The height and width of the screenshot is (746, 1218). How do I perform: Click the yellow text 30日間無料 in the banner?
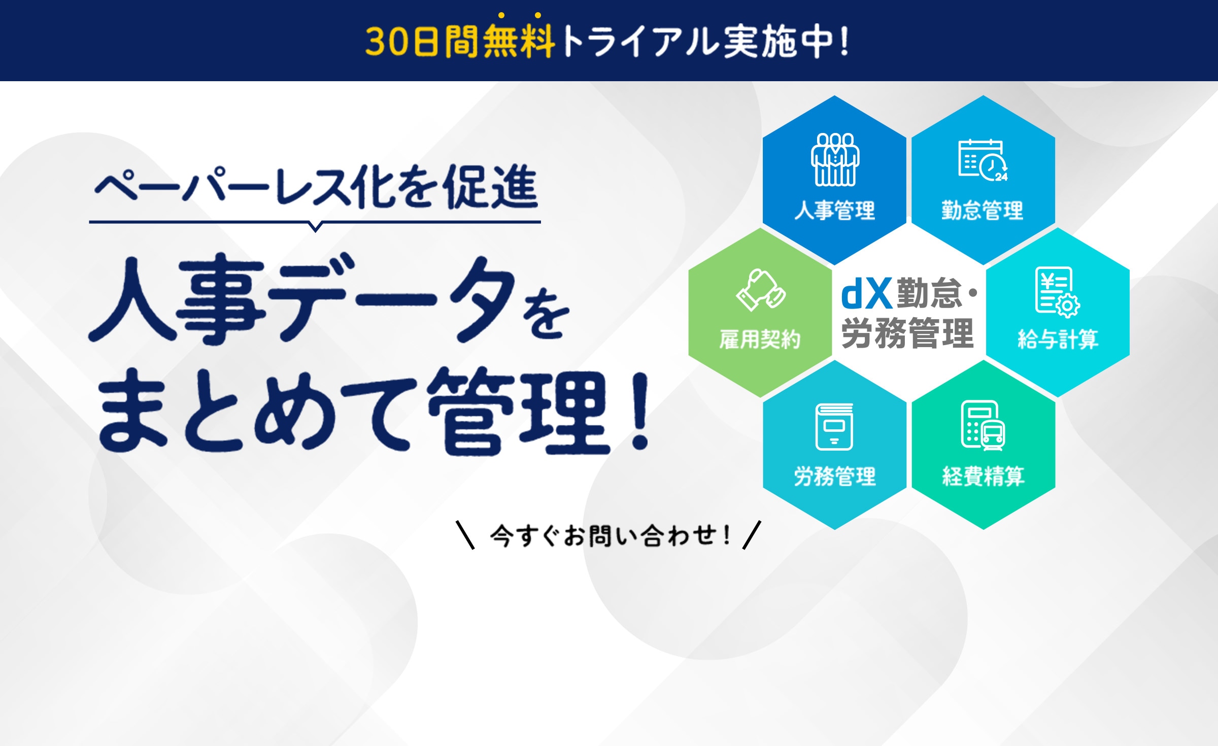(x=460, y=41)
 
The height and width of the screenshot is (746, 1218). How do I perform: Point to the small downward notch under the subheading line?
(x=315, y=227)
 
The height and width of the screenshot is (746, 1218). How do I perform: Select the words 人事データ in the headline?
(x=302, y=299)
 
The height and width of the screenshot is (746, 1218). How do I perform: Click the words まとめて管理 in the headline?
(x=353, y=412)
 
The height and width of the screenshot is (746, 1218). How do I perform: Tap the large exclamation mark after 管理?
(x=640, y=411)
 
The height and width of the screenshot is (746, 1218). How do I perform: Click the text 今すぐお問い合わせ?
(x=610, y=535)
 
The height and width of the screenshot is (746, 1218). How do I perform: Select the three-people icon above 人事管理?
(x=835, y=159)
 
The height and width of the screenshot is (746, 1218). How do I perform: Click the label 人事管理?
(x=835, y=210)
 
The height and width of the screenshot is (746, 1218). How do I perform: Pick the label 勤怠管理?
(x=983, y=210)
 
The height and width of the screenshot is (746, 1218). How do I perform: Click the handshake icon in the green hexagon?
(x=761, y=290)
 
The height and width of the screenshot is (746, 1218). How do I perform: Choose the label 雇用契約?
(x=760, y=339)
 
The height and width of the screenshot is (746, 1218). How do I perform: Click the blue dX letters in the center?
(x=866, y=294)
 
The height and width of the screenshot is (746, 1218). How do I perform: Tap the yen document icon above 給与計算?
(x=1058, y=292)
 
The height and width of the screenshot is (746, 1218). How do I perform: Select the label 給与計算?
(x=1058, y=339)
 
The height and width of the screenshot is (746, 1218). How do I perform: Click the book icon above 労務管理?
(x=834, y=427)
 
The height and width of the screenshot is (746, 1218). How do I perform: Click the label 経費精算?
(x=984, y=476)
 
